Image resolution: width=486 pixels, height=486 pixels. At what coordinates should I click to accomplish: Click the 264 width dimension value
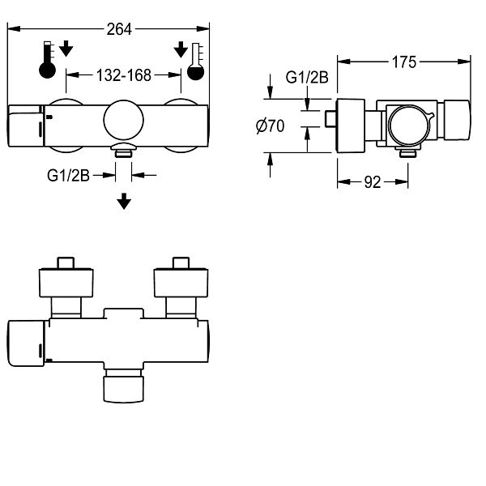point(119,29)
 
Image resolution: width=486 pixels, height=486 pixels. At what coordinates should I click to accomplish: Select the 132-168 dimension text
point(124,75)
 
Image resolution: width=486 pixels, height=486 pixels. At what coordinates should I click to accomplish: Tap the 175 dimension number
point(404,62)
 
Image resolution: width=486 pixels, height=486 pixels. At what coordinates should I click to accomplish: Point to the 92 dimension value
point(373,182)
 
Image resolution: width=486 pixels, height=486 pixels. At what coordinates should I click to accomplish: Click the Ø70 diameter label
point(270,126)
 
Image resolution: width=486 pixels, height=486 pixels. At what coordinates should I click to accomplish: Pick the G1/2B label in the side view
point(307,77)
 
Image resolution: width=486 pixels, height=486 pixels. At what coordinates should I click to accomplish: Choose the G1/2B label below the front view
point(68,176)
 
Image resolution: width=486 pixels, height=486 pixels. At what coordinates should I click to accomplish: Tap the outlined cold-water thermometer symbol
point(196,62)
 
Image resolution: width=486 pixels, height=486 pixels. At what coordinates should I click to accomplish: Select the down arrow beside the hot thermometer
point(66,48)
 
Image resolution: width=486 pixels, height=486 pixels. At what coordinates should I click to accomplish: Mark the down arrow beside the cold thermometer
point(181,49)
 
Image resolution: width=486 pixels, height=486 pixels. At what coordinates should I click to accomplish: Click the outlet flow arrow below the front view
point(124,201)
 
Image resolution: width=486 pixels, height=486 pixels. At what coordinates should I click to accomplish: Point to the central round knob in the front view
point(124,120)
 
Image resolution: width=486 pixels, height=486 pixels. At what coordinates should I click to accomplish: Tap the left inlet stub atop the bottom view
point(66,262)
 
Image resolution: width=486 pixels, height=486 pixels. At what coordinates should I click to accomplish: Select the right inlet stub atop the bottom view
point(181,262)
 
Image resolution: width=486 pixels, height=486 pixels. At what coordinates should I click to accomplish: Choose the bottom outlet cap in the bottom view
point(124,390)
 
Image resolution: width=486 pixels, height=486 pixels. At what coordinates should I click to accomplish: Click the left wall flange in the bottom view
point(66,283)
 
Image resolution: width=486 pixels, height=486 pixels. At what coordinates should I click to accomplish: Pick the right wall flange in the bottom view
point(181,283)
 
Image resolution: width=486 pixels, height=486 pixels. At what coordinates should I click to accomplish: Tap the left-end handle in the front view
point(26,126)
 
